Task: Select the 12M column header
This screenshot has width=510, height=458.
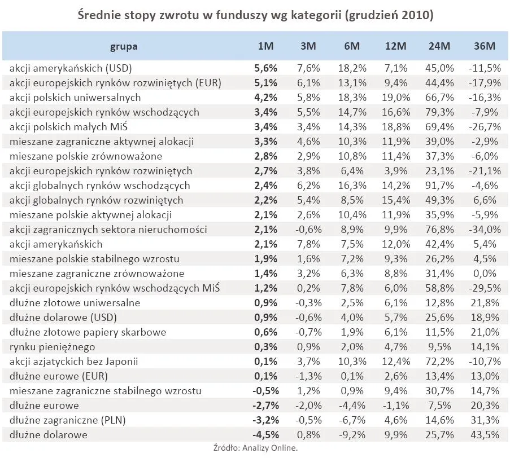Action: [396, 46]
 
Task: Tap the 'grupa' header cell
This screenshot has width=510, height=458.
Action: [124, 46]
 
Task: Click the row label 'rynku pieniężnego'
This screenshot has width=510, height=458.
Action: [53, 347]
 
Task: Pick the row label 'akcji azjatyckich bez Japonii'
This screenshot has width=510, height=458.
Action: [74, 362]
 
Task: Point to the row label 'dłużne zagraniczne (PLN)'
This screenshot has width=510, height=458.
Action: [67, 420]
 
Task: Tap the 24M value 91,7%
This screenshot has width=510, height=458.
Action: [439, 186]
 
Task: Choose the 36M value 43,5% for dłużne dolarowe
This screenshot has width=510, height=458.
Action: [484, 435]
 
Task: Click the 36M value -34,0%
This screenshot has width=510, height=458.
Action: [484, 230]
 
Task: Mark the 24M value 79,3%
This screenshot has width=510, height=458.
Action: [439, 112]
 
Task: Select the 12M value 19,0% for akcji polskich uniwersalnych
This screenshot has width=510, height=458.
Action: [396, 98]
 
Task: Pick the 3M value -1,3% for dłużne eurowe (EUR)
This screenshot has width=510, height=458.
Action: [307, 376]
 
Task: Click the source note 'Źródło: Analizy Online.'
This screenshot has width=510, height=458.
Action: [255, 448]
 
